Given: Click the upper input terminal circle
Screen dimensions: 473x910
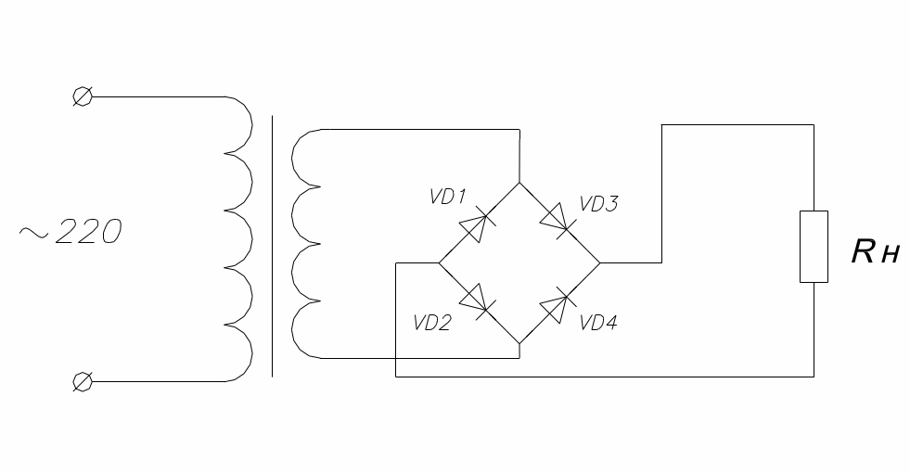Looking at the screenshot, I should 82,96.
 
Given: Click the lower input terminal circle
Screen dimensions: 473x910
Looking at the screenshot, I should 82,381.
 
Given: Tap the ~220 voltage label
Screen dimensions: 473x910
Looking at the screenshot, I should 70,233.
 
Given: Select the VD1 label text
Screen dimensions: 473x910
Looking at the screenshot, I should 447,198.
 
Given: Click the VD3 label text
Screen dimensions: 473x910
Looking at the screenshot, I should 598,204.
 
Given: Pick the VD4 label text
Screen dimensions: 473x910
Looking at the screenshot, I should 598,323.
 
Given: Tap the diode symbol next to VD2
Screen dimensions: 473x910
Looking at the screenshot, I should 478,300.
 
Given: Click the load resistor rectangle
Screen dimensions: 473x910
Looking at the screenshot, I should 814,246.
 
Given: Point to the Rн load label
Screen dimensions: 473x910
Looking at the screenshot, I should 875,251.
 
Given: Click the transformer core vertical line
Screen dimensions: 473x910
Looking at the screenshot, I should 272,246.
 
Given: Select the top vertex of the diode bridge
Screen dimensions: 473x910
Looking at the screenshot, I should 519,182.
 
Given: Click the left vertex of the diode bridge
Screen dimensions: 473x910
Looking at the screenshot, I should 438,262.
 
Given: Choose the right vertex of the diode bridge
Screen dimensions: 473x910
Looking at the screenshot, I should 601,262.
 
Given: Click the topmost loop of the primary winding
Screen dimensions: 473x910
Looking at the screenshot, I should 239,125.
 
